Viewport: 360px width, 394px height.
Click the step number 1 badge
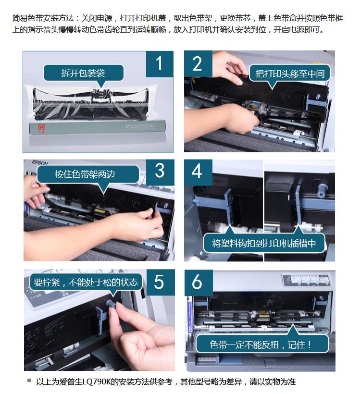click(160, 64)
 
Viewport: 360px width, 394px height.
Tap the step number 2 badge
click(198, 63)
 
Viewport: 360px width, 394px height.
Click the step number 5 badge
click(161, 282)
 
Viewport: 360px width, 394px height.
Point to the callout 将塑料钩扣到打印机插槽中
click(264, 242)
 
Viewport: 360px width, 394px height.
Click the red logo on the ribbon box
click(41, 128)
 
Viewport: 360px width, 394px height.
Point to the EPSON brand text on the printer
click(40, 162)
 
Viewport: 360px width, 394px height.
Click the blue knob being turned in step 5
click(111, 303)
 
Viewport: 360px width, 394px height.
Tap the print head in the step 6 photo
click(262, 315)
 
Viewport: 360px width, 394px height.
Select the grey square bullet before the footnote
click(29, 381)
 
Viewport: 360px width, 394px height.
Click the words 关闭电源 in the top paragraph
click(97, 18)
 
